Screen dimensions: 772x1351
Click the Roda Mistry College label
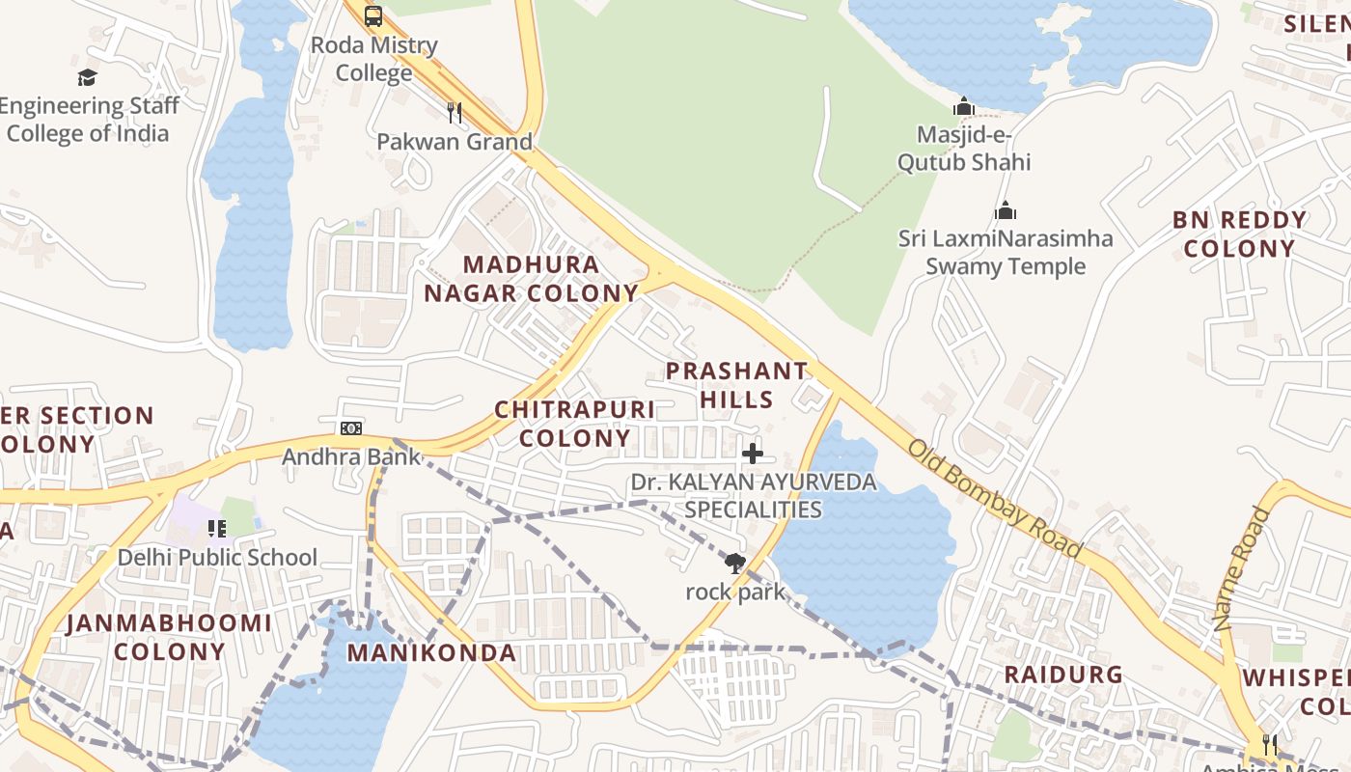click(374, 59)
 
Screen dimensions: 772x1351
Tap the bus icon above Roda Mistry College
click(373, 15)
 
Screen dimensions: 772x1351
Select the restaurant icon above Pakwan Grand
click(455, 113)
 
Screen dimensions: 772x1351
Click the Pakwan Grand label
click(455, 142)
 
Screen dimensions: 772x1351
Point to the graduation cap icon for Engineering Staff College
click(88, 78)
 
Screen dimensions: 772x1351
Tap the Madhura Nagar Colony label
click(532, 279)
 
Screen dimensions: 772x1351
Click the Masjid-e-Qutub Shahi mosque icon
click(963, 106)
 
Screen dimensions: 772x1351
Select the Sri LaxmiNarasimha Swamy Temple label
click(1006, 252)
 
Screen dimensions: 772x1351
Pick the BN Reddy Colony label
click(1240, 234)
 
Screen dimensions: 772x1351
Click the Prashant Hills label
click(737, 385)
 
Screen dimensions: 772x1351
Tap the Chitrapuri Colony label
click(575, 424)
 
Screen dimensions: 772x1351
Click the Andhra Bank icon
click(351, 427)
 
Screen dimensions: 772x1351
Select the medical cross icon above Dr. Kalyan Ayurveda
click(753, 453)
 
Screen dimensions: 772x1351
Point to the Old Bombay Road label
click(995, 498)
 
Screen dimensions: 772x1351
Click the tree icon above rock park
click(735, 564)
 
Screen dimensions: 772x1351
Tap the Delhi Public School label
click(217, 557)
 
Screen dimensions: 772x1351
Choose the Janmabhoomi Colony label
click(169, 637)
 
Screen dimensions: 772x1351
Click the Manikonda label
click(431, 653)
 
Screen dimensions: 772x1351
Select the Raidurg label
click(1063, 675)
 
